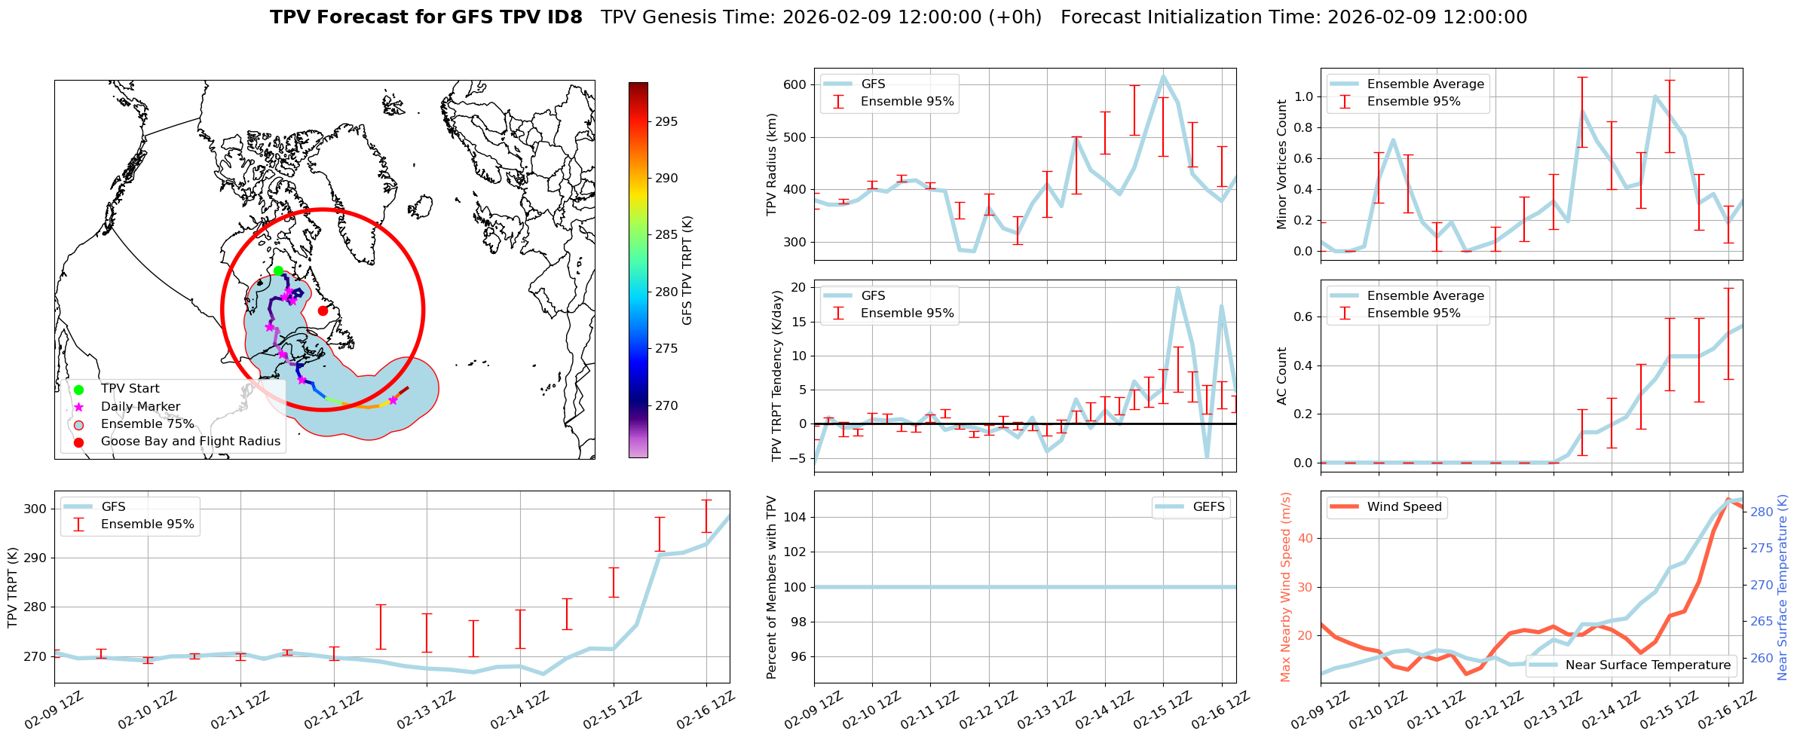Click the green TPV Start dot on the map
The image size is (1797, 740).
click(x=278, y=271)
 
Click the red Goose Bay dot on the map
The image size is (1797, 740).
click(x=323, y=310)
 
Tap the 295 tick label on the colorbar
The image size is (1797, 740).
click(x=666, y=121)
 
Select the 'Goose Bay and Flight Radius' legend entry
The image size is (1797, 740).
click(x=190, y=442)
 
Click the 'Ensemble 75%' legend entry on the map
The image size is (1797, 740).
click(x=147, y=424)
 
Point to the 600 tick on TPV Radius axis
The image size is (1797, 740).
click(x=794, y=84)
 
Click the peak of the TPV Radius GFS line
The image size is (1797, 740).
click(x=1163, y=76)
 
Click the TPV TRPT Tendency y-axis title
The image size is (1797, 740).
click(x=777, y=375)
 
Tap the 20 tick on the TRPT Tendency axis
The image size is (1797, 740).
click(x=798, y=287)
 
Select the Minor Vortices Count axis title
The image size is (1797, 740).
click(x=1282, y=164)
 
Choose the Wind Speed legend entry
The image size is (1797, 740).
click(x=1404, y=507)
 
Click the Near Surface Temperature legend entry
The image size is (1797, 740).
click(x=1647, y=665)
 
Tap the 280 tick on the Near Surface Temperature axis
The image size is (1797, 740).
click(x=1762, y=512)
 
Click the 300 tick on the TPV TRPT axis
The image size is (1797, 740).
click(x=35, y=509)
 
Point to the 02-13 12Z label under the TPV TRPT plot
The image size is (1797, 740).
click(x=426, y=711)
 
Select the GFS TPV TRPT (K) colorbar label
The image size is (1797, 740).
click(x=687, y=271)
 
